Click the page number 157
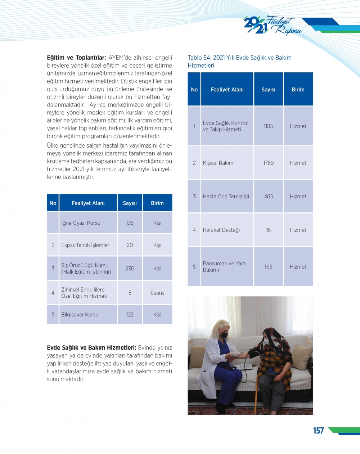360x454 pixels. (318, 431)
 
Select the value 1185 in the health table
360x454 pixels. (268, 126)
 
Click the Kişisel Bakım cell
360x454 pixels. (218, 163)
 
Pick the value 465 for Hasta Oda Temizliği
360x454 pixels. (268, 197)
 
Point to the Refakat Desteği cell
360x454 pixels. (221, 230)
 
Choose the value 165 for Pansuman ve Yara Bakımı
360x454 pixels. (268, 267)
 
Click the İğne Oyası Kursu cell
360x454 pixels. (81, 223)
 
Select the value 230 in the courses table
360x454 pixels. (130, 269)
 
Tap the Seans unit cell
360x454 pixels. (157, 293)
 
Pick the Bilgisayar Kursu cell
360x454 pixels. (80, 315)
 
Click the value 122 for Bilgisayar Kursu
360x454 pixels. (130, 315)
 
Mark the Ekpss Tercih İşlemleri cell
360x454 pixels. (86, 245)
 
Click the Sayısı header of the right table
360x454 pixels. (268, 90)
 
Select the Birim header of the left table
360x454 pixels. (157, 203)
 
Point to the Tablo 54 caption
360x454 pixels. (239, 62)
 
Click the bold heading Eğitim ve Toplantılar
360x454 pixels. (76, 58)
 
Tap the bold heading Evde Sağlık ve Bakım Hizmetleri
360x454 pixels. (91, 348)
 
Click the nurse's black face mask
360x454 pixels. (224, 335)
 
